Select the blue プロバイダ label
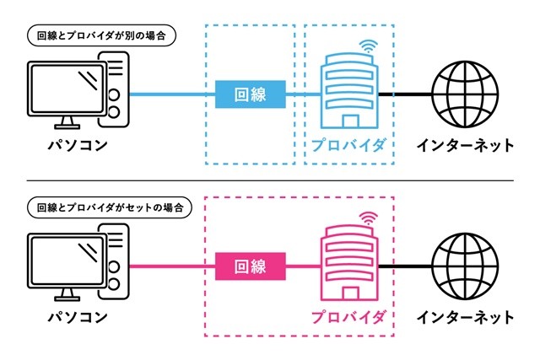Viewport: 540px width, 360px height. pyautogui.click(x=348, y=145)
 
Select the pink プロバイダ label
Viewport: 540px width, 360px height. pyautogui.click(x=348, y=317)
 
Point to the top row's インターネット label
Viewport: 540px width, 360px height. pyautogui.click(x=464, y=145)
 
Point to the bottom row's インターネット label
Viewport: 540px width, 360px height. pyautogui.click(x=464, y=317)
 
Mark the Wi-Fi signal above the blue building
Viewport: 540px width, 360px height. pyautogui.click(x=368, y=46)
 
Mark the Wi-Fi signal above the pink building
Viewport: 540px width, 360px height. pyautogui.click(x=368, y=219)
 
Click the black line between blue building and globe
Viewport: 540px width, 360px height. pyautogui.click(x=402, y=95)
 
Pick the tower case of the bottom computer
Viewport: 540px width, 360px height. pyautogui.click(x=115, y=257)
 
